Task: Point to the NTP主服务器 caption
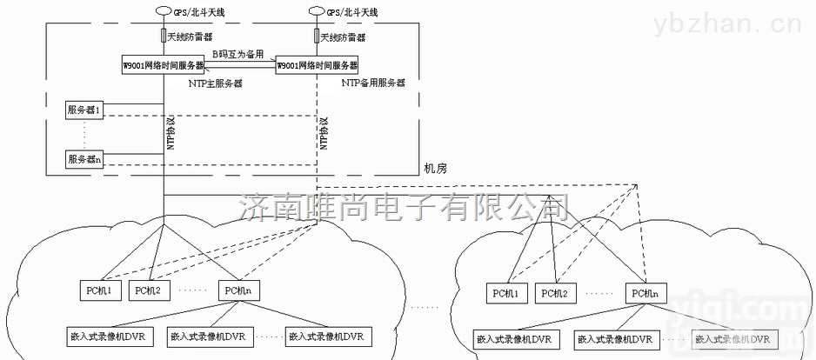(x=215, y=83)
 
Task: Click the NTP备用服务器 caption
(x=372, y=83)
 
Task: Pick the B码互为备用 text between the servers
(x=238, y=54)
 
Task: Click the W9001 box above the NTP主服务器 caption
(x=164, y=66)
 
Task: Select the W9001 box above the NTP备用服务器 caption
(x=317, y=66)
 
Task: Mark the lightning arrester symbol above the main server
(x=164, y=37)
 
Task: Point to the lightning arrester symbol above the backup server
(x=317, y=37)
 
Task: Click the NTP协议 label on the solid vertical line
(x=171, y=131)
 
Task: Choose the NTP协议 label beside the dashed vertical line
(x=324, y=132)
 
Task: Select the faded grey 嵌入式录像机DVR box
(x=734, y=339)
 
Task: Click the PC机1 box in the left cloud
(x=96, y=290)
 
